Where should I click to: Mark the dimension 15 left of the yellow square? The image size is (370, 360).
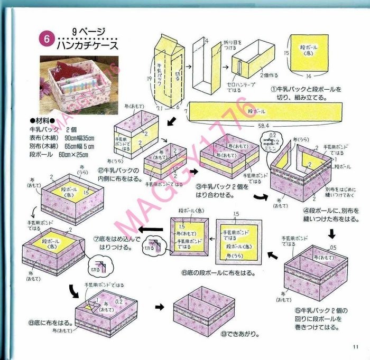pyautogui.click(x=286, y=53)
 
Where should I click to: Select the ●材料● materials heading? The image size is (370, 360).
pyautogui.click(x=44, y=121)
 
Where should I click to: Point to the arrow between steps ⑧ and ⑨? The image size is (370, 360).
pyautogui.click(x=159, y=306)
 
